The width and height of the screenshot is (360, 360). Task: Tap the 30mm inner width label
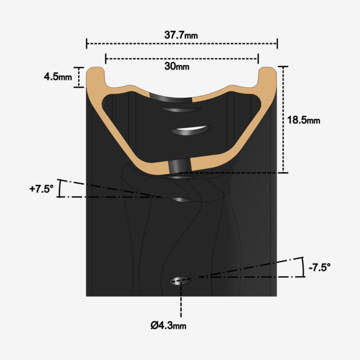181,65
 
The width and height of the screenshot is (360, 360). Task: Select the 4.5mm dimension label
58,77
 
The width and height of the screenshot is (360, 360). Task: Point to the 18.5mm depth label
303,120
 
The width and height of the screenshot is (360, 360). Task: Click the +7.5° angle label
41,189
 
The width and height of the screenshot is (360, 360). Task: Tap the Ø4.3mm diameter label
168,325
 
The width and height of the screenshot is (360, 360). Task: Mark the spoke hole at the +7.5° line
181,200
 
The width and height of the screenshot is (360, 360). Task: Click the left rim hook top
96,70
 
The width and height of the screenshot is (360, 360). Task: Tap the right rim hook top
267,70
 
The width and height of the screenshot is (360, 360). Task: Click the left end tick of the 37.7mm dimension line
86,43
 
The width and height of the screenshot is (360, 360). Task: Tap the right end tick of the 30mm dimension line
258,58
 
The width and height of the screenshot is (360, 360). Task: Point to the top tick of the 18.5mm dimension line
283,66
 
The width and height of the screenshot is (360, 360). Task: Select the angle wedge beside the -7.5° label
295,268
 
